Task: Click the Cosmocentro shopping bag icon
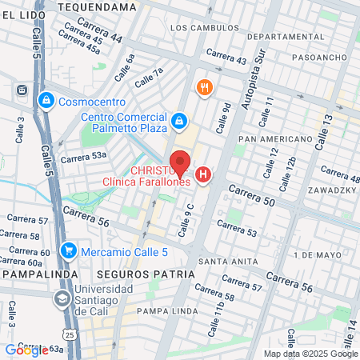[x=46, y=101]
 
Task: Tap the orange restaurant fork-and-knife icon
[x=205, y=87]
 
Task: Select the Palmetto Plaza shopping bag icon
[x=180, y=122]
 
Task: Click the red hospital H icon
[x=204, y=174]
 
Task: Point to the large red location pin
[x=180, y=162]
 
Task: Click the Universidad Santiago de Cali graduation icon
[x=62, y=298]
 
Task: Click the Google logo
[x=26, y=350]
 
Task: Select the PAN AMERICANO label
[x=275, y=138]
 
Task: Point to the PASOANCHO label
[x=318, y=58]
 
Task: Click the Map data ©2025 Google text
[x=310, y=354]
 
